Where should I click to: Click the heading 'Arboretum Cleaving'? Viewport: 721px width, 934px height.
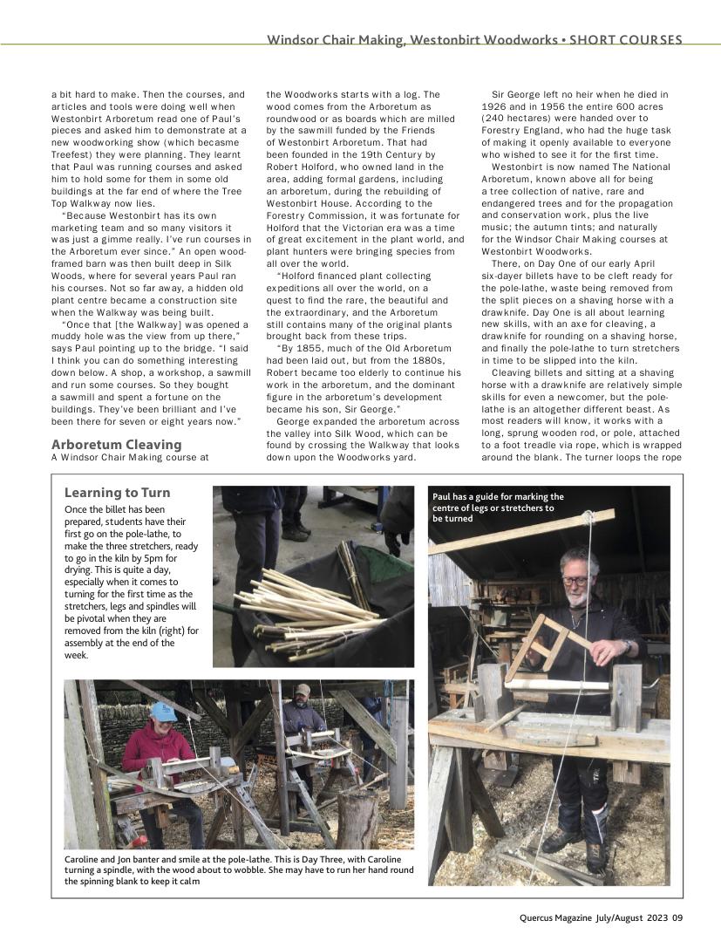(x=116, y=445)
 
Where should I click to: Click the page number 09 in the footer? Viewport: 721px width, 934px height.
(x=677, y=917)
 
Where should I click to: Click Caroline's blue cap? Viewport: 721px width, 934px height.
(x=163, y=711)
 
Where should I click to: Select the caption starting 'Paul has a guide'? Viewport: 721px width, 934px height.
(x=498, y=507)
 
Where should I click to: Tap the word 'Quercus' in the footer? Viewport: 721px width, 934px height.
(x=541, y=917)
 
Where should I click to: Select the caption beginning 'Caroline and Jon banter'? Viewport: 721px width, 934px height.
(x=239, y=869)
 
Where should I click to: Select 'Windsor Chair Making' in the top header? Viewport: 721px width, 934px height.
(x=335, y=40)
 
